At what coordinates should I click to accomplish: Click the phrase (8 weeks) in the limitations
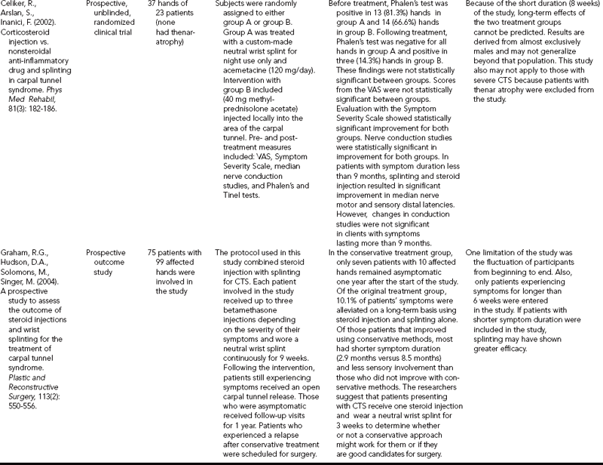[573, 5]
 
